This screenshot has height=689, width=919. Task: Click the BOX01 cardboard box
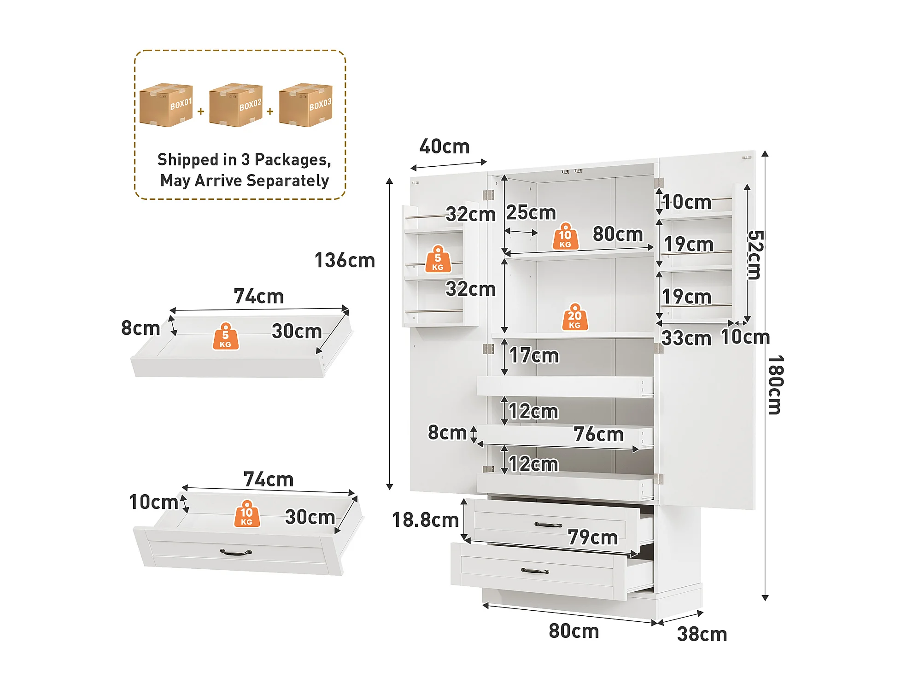pos(166,105)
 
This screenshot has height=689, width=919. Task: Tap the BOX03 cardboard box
pos(305,105)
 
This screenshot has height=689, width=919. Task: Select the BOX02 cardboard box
pos(235,105)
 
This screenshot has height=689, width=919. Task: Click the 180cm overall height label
pos(776,385)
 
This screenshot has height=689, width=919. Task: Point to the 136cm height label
pos(345,261)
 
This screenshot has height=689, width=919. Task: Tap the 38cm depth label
pos(702,634)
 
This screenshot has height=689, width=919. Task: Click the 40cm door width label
pos(444,146)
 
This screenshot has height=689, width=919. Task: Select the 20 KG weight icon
pos(575,317)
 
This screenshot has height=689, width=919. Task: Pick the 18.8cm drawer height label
pos(425,520)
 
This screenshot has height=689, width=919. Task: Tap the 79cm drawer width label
pos(592,537)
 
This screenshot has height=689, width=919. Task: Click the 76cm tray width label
pos(598,434)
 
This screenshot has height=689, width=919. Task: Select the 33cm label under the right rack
pos(686,339)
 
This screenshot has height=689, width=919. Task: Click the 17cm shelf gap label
pos(534,356)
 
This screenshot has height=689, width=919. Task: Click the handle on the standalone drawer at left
pos(236,552)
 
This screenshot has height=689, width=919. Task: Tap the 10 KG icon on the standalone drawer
pos(247,514)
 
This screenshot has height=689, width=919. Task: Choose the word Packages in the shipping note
pos(293,160)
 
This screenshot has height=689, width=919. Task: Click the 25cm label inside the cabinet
pos(531,213)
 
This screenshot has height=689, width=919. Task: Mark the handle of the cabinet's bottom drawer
pos(535,571)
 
